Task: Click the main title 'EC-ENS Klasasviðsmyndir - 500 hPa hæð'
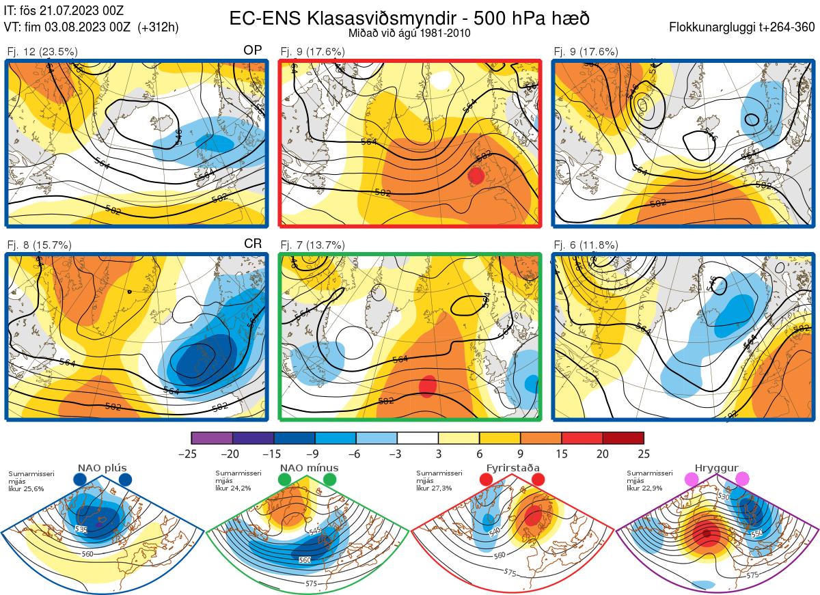pyautogui.click(x=409, y=18)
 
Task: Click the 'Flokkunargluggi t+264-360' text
pyautogui.click(x=743, y=27)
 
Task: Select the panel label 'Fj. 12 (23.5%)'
pyautogui.click(x=42, y=52)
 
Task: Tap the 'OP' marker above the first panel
pyautogui.click(x=253, y=51)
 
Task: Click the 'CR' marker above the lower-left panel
pyautogui.click(x=253, y=244)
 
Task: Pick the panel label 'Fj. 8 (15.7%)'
pyautogui.click(x=40, y=245)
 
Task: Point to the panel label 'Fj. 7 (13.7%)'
pyautogui.click(x=313, y=245)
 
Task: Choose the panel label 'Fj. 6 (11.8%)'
pyautogui.click(x=586, y=245)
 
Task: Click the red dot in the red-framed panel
pyautogui.click(x=476, y=176)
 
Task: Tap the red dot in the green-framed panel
pyautogui.click(x=427, y=385)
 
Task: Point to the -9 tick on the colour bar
pyautogui.click(x=315, y=454)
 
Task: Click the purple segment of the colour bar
pyautogui.click(x=212, y=438)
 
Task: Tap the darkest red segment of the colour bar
pyautogui.click(x=623, y=438)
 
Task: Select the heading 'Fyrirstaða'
pyautogui.click(x=511, y=468)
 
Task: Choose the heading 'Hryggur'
pyautogui.click(x=717, y=468)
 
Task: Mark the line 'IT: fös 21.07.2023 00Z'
pyautogui.click(x=63, y=11)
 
